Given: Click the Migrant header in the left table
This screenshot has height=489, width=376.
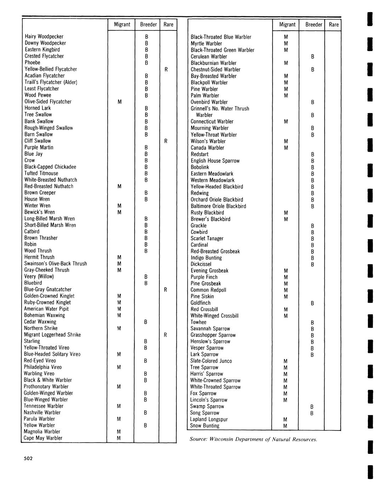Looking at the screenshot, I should pyautogui.click(x=122, y=24).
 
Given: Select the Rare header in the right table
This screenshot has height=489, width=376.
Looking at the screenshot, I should pyautogui.click(x=334, y=24).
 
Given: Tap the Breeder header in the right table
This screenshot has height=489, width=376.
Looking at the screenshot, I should pyautogui.click(x=313, y=24).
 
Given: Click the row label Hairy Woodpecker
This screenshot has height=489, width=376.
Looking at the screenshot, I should pyautogui.click(x=44, y=36).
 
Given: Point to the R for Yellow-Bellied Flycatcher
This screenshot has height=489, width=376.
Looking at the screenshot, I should pyautogui.click(x=166, y=69).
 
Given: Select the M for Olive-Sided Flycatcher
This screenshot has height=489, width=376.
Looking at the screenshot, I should pyautogui.click(x=119, y=102).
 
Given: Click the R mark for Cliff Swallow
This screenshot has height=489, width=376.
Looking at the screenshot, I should pyautogui.click(x=166, y=141).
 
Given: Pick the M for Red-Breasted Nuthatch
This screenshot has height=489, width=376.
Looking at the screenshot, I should pyautogui.click(x=119, y=186).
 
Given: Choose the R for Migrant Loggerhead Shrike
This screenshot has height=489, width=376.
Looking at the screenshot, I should pyautogui.click(x=165, y=335).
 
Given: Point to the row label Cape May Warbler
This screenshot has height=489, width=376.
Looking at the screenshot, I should pyautogui.click(x=43, y=438).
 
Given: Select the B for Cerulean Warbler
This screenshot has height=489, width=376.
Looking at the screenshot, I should pyautogui.click(x=313, y=57).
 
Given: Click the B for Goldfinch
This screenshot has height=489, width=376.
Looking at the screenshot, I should pyautogui.click(x=312, y=303).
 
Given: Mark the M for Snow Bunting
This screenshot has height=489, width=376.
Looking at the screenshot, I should pyautogui.click(x=286, y=426).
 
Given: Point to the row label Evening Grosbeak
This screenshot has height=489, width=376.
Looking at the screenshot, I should pyautogui.click(x=209, y=271).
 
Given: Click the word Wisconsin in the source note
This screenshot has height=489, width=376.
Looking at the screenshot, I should pyautogui.click(x=223, y=439).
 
